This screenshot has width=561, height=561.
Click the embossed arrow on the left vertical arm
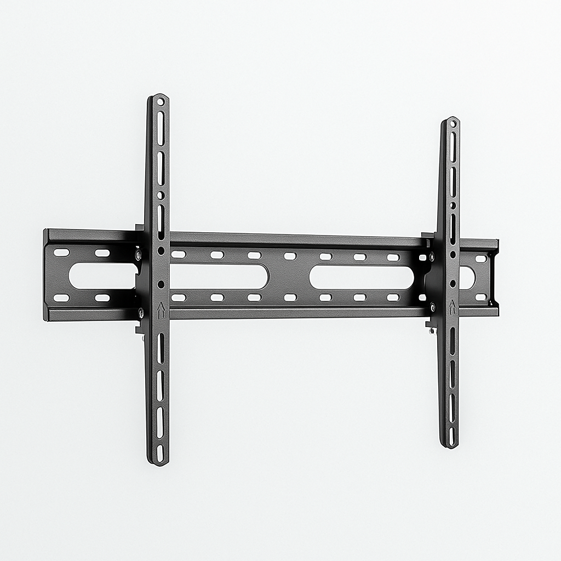pos(161,311)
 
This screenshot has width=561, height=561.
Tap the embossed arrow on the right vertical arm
pos(453,307)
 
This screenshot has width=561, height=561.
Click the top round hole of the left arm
pos(160,101)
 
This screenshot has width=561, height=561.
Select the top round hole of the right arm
pos(453,123)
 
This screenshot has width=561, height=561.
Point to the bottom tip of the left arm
pos(158,463)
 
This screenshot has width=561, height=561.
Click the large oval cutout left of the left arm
pos(103,276)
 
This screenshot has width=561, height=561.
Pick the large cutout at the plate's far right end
pos(467,277)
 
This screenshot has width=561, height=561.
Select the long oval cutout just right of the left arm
pos(219,276)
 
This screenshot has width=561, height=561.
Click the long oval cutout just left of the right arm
pos(362,277)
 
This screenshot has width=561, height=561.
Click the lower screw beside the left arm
pos(141,313)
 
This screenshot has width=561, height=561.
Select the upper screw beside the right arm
pos(432,256)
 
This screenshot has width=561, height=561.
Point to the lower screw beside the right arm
pos(433,307)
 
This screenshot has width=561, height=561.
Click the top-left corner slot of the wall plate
pos(61,253)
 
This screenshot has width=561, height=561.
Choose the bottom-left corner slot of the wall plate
pos(61,298)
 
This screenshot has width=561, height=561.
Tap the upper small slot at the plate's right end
pos(480,259)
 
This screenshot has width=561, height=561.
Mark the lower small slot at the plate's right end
pos(480,297)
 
